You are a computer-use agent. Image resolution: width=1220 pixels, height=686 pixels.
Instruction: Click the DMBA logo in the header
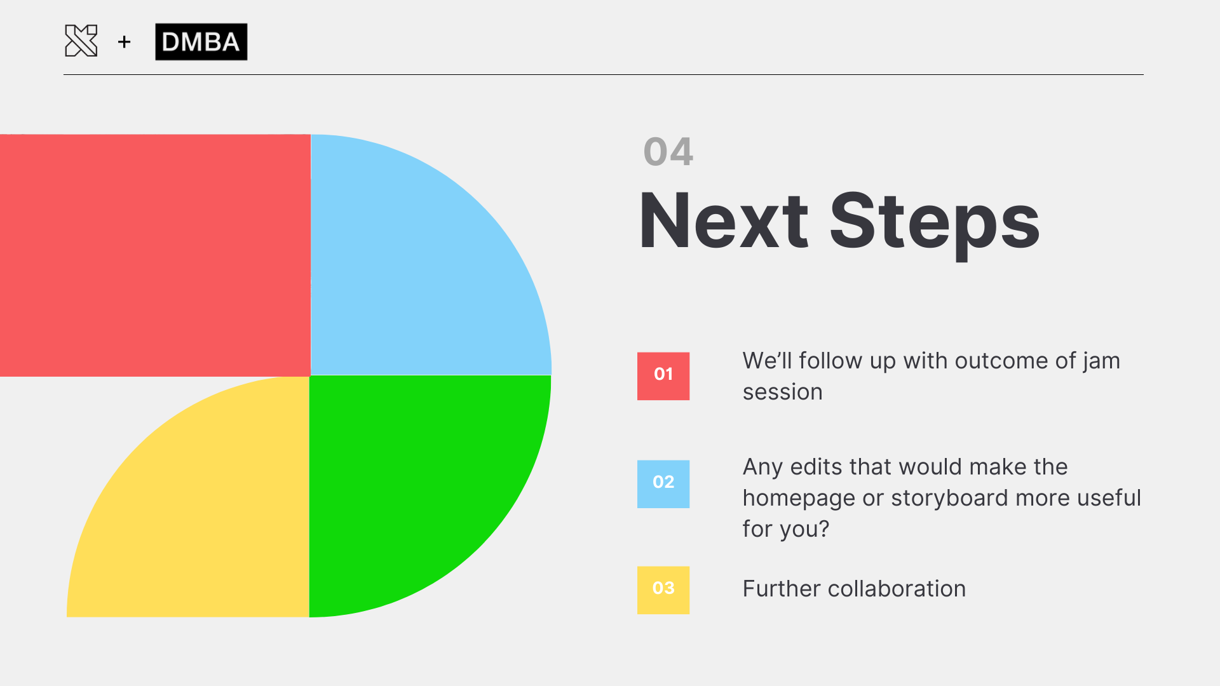pos(201,42)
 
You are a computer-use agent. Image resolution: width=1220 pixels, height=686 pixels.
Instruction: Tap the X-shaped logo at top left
pos(81,41)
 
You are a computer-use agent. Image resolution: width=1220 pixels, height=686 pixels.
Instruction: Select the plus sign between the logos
pos(125,42)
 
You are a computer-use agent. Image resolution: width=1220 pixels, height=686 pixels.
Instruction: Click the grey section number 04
pos(668,152)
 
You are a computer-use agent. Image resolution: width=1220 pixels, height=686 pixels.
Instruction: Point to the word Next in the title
pos(724,220)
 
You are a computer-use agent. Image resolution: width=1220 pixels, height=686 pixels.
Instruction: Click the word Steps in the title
pos(935,224)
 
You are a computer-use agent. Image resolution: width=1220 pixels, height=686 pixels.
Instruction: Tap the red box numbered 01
pos(663,376)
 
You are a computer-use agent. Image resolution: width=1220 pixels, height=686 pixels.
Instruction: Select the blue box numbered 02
pos(663,484)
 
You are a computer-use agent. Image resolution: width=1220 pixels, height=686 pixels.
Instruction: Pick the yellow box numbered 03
pos(663,590)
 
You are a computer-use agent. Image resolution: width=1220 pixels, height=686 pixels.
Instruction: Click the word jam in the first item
pos(1101,361)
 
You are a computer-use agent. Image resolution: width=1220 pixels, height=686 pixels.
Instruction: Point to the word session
pos(783,392)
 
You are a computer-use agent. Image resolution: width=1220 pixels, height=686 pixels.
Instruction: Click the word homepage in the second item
pos(799,499)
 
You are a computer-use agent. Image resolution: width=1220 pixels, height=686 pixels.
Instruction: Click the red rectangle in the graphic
pos(155,255)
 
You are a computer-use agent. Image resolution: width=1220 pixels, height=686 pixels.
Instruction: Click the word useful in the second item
pos(1110,498)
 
